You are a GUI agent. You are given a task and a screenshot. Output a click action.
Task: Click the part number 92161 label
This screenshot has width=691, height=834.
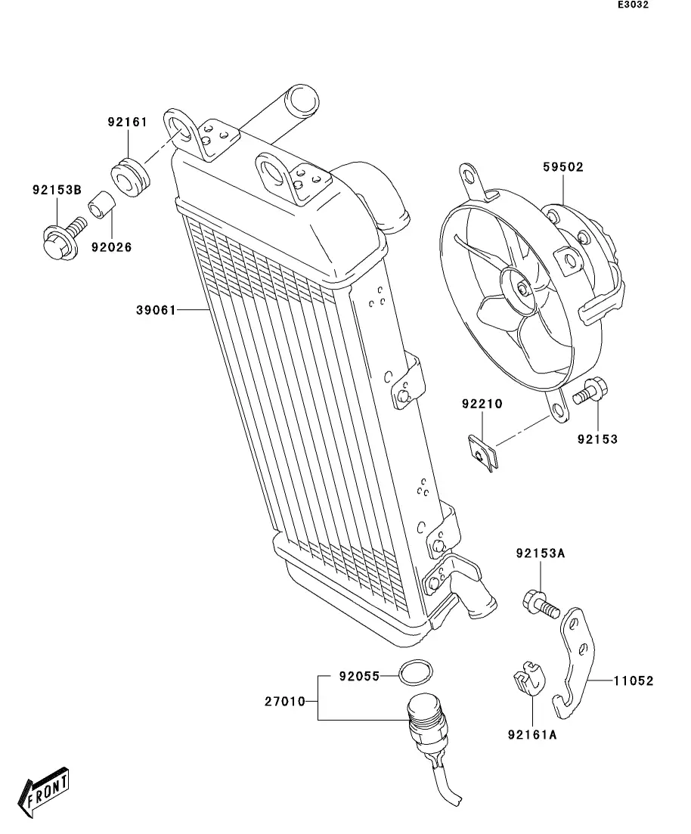tap(126, 122)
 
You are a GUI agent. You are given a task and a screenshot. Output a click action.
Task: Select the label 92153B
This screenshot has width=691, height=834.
tap(56, 190)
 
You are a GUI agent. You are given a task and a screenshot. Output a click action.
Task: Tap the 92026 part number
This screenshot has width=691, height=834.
tap(111, 246)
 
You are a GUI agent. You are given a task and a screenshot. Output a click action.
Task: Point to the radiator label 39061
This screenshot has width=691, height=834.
tap(156, 310)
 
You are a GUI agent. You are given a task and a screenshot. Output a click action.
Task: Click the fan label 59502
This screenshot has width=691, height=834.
tap(562, 167)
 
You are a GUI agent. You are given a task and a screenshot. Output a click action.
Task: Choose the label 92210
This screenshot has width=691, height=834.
tap(482, 405)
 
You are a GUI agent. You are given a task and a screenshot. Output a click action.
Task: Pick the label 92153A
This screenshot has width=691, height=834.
tap(541, 553)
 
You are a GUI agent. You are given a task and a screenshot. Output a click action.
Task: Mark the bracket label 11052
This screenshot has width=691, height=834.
tap(633, 681)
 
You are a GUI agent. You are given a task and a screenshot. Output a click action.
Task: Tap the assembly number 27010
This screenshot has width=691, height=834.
tap(284, 702)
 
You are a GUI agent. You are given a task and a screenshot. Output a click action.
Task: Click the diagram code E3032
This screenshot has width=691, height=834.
tap(633, 5)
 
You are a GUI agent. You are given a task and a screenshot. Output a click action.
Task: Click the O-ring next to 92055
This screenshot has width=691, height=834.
tap(416, 671)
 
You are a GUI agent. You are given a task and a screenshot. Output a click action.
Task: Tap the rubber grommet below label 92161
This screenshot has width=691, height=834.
tap(130, 176)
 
